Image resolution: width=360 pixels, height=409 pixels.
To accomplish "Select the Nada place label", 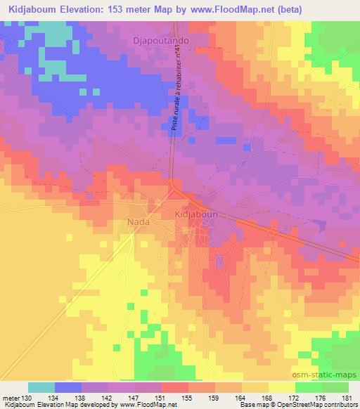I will (x=137, y=223).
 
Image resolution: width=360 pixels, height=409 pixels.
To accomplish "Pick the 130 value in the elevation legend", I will (x=27, y=397).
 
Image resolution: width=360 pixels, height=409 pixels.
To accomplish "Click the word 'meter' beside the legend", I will (x=10, y=397).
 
